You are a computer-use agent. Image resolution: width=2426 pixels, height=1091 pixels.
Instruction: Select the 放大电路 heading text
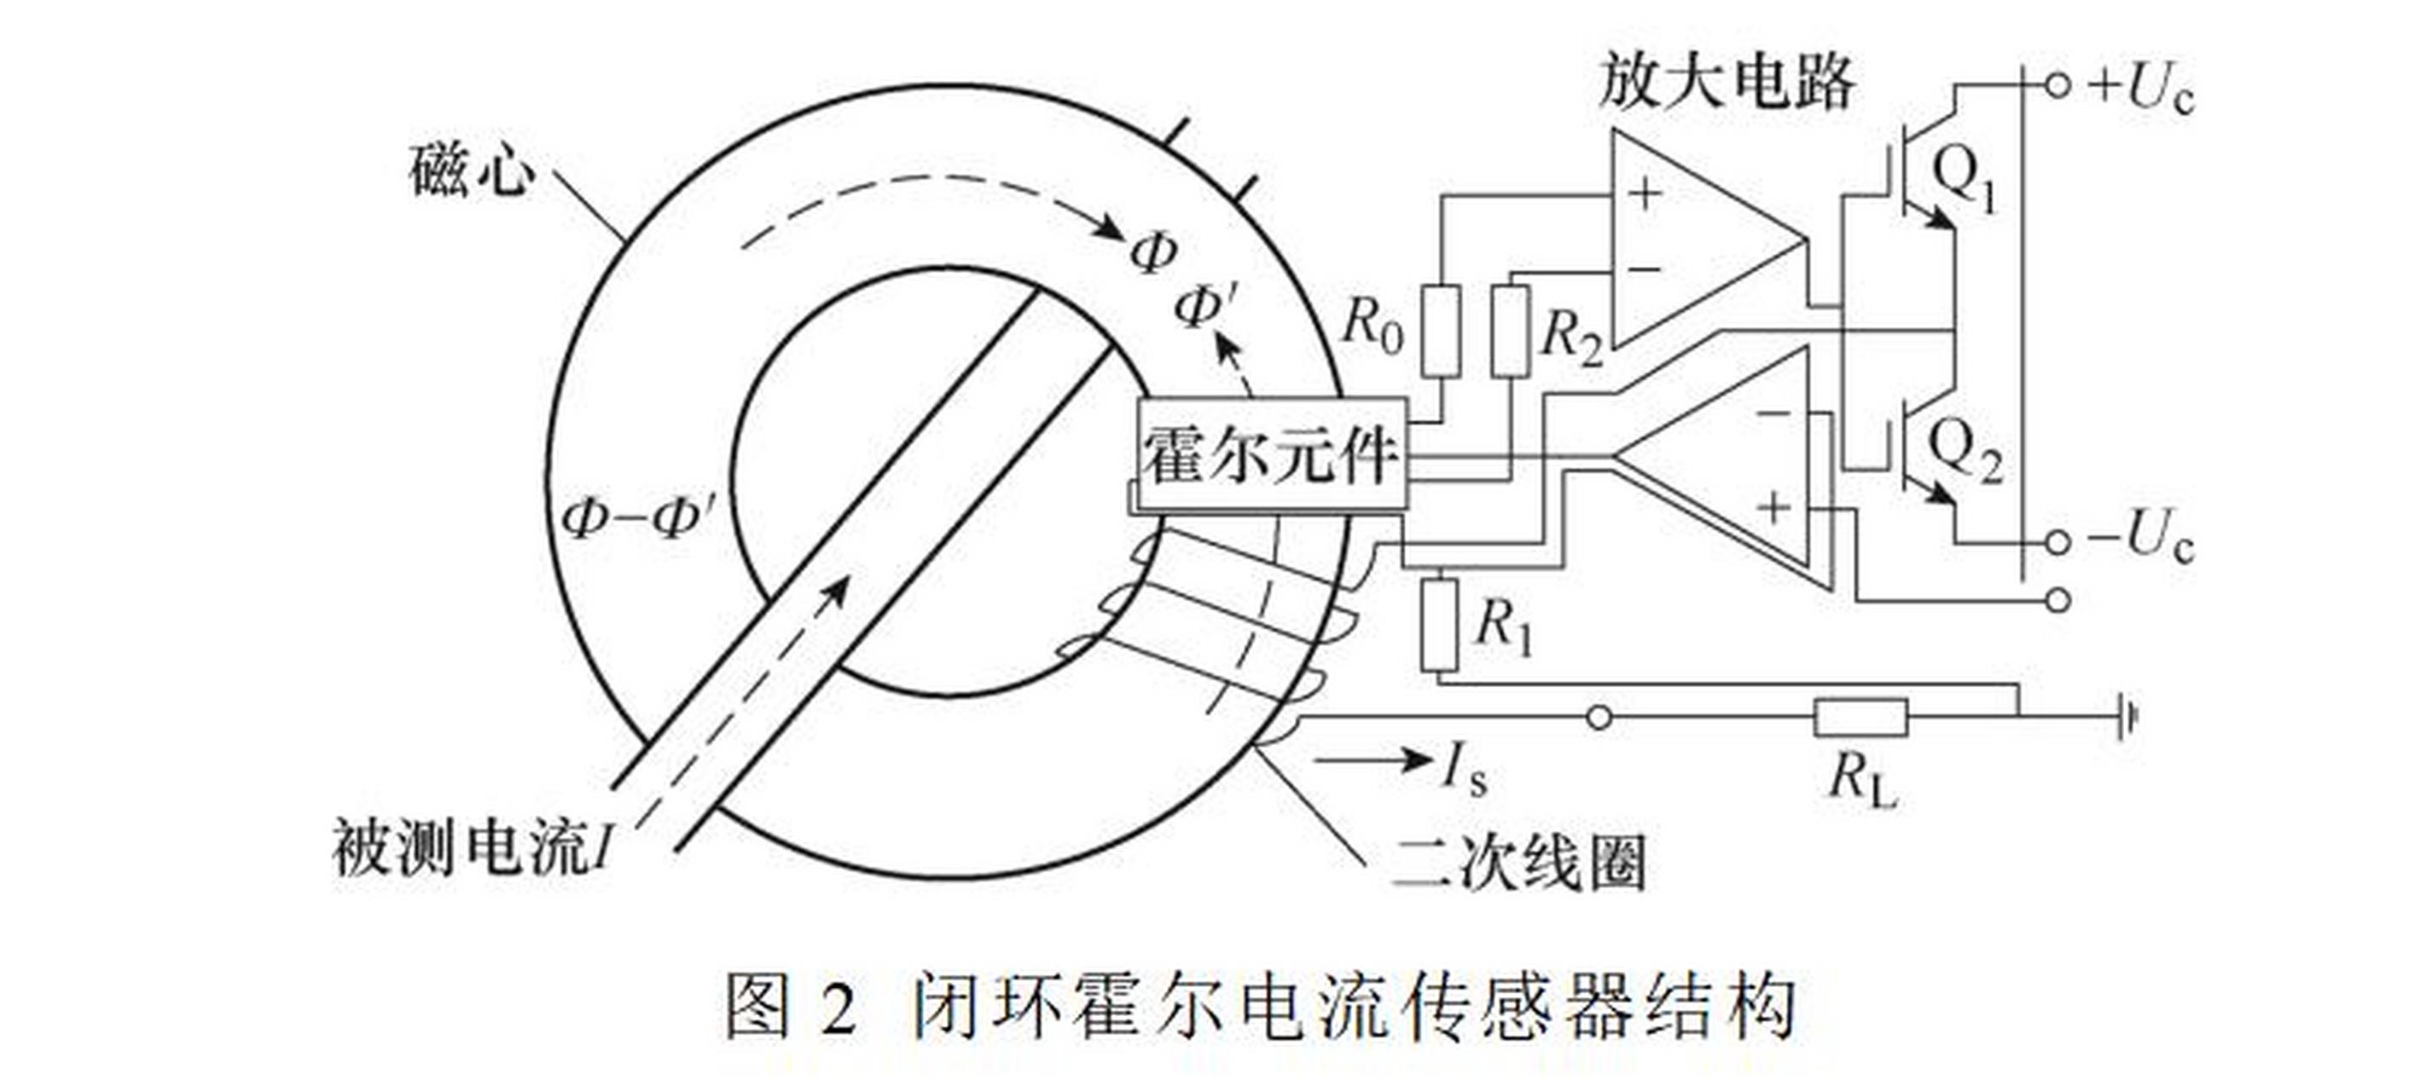[x=1727, y=82]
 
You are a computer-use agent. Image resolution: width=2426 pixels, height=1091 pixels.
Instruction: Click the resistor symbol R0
[x=1441, y=332]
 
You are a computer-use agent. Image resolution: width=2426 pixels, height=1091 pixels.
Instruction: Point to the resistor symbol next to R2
[x=1511, y=332]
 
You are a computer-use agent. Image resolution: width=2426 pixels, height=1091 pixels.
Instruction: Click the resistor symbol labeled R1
[x=1439, y=624]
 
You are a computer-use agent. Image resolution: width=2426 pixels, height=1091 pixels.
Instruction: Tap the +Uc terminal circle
[x=2057, y=86]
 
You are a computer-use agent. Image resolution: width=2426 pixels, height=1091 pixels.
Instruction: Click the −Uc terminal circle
[x=2057, y=542]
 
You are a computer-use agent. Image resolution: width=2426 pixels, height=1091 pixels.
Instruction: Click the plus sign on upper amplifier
[x=1645, y=194]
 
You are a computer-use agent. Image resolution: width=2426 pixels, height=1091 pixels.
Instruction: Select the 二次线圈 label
[x=1518, y=863]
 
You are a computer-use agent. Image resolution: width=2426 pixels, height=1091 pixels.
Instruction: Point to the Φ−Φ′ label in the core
[x=636, y=517]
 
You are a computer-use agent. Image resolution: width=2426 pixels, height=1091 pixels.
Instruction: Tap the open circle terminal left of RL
[x=1599, y=719]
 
